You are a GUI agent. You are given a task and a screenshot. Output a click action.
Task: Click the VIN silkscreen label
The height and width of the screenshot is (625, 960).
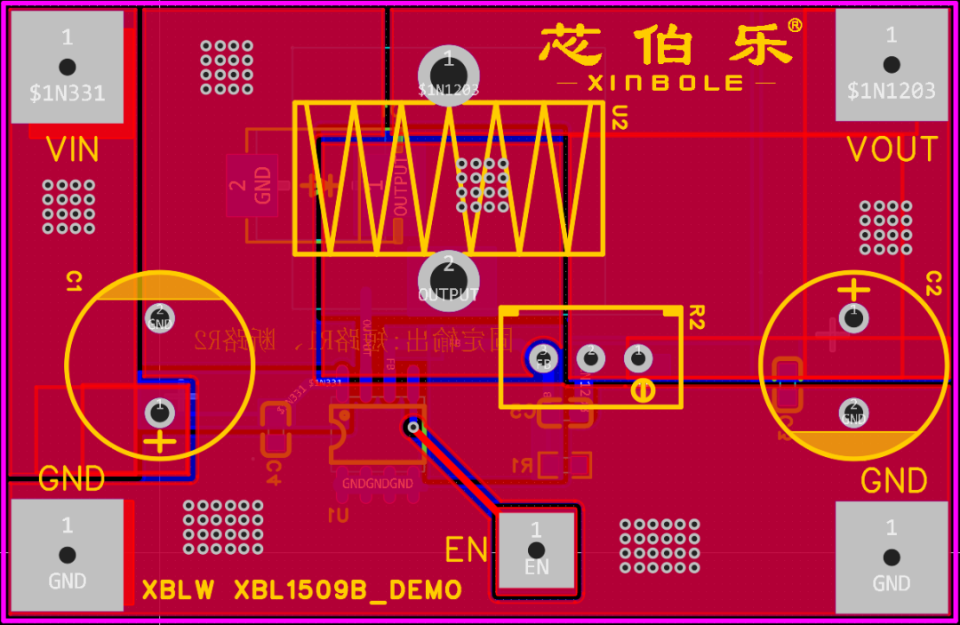click(x=73, y=150)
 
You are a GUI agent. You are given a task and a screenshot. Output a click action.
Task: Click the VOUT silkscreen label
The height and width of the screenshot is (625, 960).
click(x=892, y=150)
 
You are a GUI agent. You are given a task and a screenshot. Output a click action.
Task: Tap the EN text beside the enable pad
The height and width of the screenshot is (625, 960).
click(x=467, y=550)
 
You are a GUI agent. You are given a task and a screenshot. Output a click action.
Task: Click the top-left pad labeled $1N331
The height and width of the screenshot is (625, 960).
click(x=67, y=66)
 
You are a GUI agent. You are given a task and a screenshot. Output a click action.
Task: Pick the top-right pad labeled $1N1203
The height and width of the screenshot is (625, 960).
click(x=891, y=66)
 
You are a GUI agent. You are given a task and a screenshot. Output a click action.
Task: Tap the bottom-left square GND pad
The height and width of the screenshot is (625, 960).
click(x=67, y=555)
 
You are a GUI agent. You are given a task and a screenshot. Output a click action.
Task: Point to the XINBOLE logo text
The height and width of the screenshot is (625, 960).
click(x=666, y=83)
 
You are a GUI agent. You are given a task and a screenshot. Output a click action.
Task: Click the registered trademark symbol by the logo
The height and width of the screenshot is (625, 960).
click(x=795, y=26)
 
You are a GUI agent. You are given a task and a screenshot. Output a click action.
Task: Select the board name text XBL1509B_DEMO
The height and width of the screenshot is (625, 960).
click(x=348, y=590)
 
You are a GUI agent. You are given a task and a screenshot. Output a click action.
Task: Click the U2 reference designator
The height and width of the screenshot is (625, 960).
click(x=620, y=117)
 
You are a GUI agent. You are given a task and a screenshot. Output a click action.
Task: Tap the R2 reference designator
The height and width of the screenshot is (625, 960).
click(x=696, y=313)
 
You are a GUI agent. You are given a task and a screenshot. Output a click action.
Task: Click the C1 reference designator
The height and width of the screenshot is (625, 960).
click(x=74, y=283)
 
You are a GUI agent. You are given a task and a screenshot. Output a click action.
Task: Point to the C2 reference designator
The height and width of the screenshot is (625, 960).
click(x=933, y=284)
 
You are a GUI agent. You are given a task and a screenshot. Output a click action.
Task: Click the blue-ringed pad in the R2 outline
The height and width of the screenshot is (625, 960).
click(x=542, y=357)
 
